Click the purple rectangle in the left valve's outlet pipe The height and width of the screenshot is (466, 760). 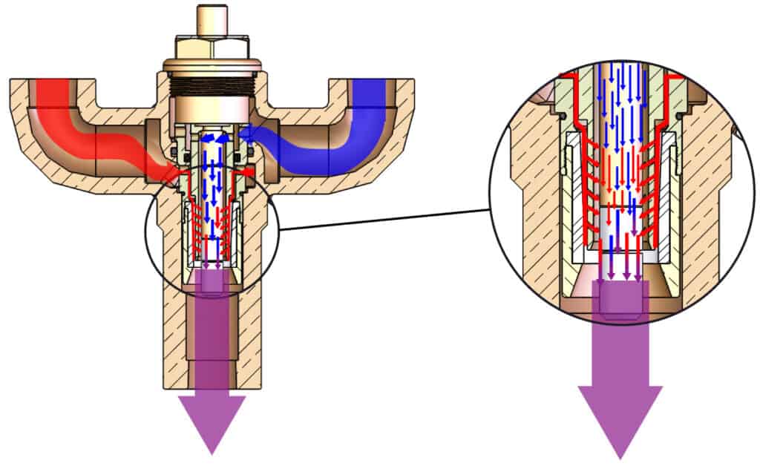(212, 326)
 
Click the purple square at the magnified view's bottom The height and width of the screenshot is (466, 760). (622, 301)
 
